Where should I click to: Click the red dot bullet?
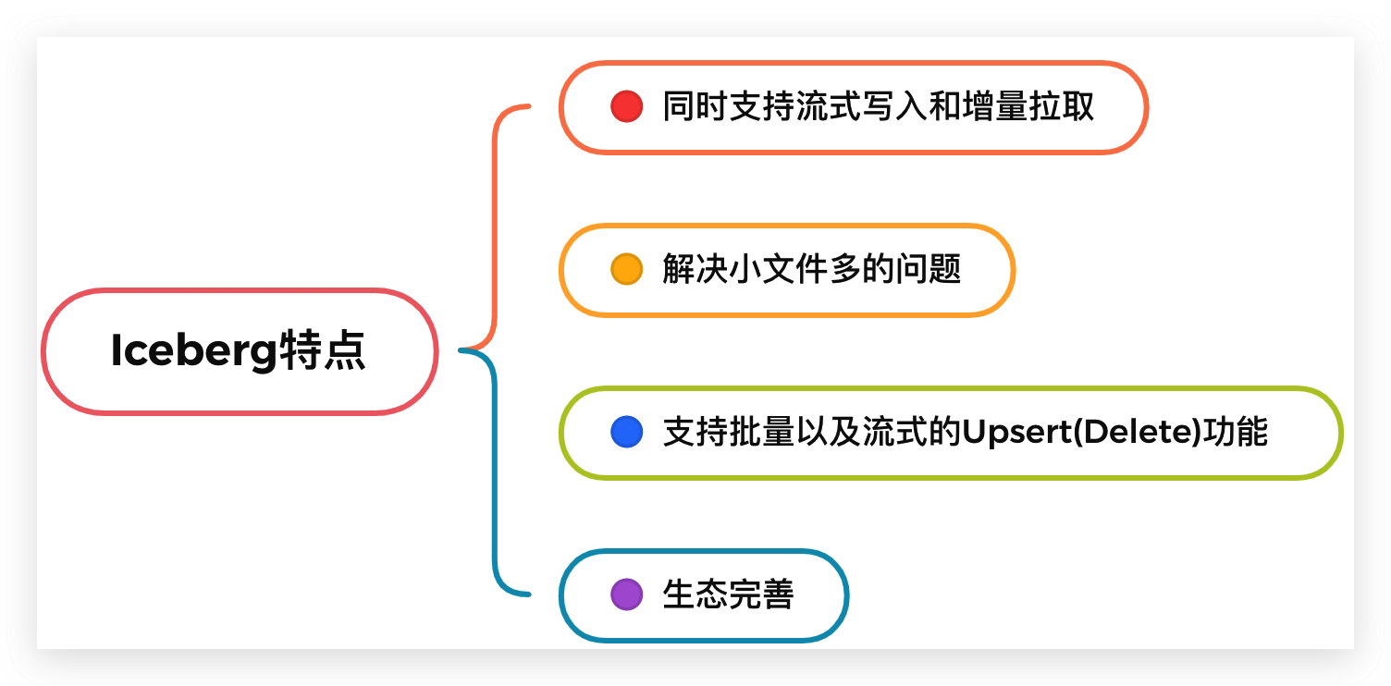coord(626,106)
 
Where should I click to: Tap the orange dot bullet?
coord(626,269)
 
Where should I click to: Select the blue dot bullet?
coord(626,432)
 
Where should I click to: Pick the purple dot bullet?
coord(626,594)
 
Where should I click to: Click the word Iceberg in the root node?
coord(193,351)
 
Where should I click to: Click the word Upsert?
coord(1016,432)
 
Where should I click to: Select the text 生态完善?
coord(728,594)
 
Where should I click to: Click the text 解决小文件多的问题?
coord(812,269)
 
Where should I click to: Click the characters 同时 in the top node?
coord(695,106)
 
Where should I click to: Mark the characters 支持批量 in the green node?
coord(728,432)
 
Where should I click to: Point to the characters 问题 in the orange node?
coord(929,269)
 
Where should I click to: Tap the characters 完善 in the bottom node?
coord(761,594)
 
